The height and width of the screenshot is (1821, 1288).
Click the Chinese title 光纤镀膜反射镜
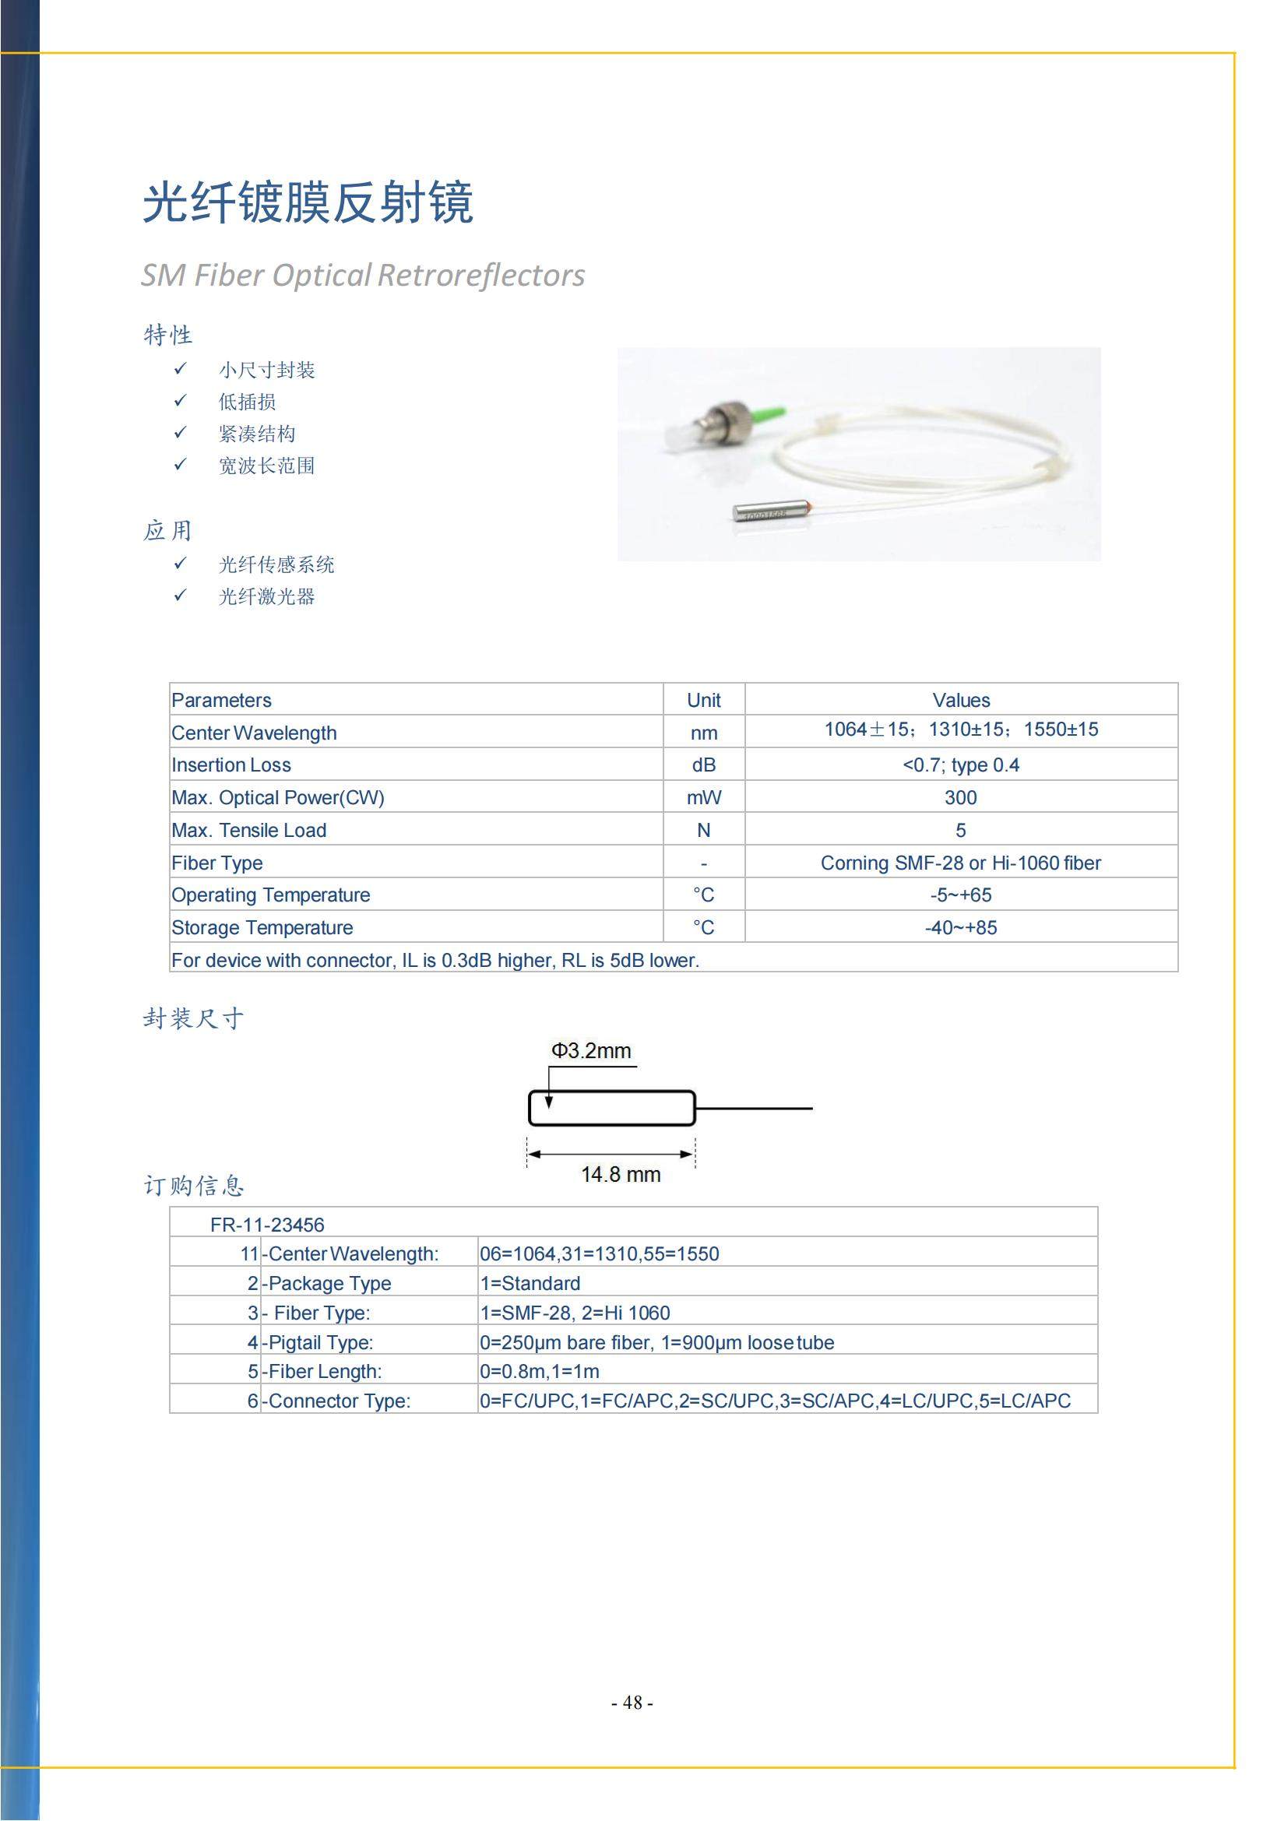(x=308, y=203)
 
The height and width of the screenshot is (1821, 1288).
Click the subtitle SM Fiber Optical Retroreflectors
(x=363, y=275)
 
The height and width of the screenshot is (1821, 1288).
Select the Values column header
(x=960, y=701)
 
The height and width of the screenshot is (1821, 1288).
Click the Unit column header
(x=703, y=701)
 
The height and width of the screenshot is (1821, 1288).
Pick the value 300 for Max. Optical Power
(x=960, y=798)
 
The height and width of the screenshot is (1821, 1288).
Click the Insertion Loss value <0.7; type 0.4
(x=960, y=765)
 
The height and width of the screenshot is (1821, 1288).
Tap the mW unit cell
(x=703, y=798)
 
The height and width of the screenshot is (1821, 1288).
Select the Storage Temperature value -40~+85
(x=960, y=928)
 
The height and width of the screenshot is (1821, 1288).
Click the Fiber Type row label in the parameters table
(x=217, y=863)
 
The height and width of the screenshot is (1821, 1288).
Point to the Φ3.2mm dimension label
(x=591, y=1051)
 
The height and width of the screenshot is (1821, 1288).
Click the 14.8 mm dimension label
(x=620, y=1175)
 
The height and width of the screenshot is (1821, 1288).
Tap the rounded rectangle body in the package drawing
(x=611, y=1108)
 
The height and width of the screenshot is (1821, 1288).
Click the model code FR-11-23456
(x=267, y=1225)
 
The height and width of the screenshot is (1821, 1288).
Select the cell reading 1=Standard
(x=530, y=1283)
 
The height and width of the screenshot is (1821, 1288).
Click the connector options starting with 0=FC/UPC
(x=775, y=1401)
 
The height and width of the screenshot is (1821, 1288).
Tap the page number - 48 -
(x=632, y=1703)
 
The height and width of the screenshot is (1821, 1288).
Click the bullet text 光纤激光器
(x=266, y=596)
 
